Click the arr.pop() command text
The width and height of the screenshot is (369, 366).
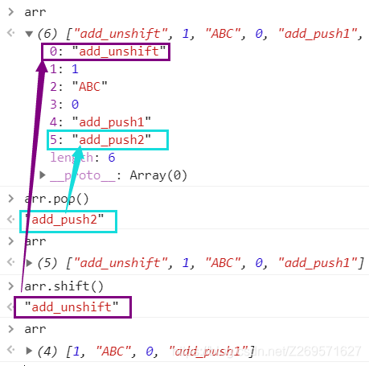56,199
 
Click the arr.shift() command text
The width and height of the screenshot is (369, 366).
64,286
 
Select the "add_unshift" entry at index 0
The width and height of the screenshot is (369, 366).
108,51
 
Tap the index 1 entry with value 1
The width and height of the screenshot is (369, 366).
64,69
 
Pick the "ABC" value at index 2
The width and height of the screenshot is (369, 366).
90,87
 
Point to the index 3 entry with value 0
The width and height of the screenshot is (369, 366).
64,105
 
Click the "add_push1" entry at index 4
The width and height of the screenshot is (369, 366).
100,122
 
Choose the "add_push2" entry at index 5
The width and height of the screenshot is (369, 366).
100,140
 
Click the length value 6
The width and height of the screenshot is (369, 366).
112,158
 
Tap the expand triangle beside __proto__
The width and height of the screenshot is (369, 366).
43,175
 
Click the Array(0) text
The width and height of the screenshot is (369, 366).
158,175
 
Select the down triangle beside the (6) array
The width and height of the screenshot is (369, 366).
29,34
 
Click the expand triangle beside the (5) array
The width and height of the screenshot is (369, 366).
29,263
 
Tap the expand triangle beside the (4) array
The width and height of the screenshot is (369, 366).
29,351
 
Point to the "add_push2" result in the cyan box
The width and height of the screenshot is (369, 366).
64,220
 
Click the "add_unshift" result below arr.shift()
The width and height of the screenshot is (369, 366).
72,306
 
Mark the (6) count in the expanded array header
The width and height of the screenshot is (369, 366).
47,34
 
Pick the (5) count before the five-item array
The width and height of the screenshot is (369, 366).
47,263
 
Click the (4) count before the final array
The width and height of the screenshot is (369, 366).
47,351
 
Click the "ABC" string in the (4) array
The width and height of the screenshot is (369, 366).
113,351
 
